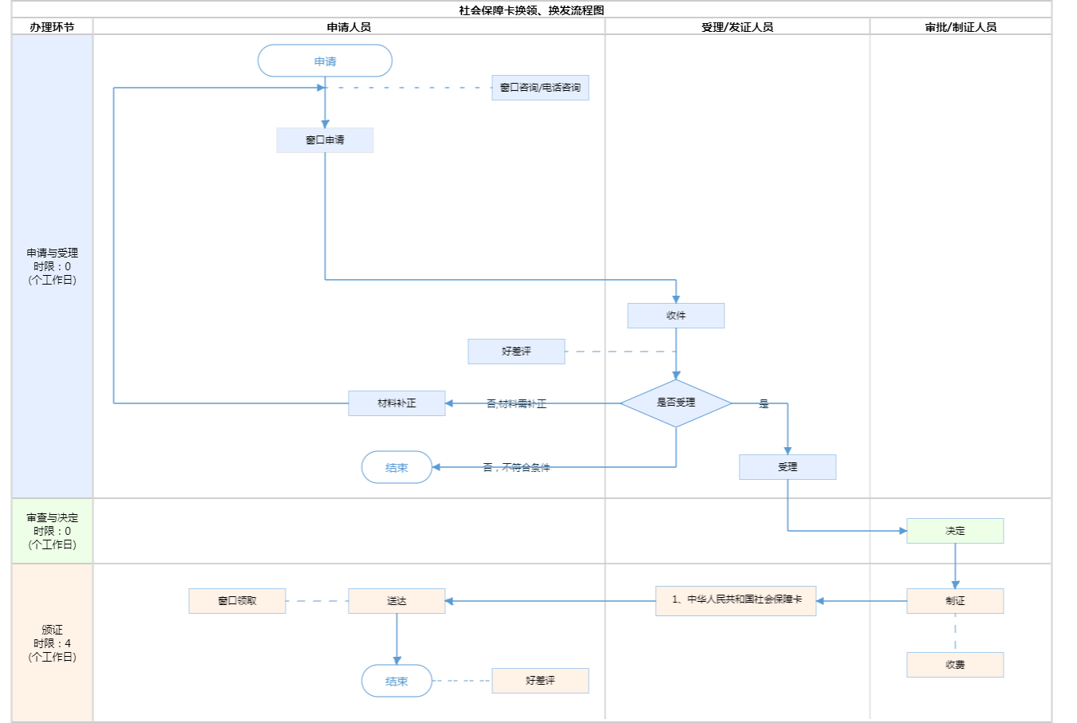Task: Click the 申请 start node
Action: (x=325, y=61)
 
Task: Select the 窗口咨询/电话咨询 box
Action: (x=540, y=88)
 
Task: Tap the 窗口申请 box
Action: (x=325, y=140)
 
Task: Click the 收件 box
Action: (x=676, y=316)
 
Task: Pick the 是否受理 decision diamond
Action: (x=676, y=403)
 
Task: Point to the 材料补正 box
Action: (x=396, y=403)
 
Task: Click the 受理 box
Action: (x=787, y=467)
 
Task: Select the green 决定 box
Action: (x=955, y=531)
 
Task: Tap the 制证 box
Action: (x=955, y=601)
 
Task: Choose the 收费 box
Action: (x=955, y=665)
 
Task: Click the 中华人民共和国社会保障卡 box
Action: (x=736, y=600)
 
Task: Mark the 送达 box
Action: (x=396, y=601)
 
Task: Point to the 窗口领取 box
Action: (x=237, y=601)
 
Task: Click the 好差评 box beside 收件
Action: (x=516, y=352)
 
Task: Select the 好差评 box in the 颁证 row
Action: (x=540, y=681)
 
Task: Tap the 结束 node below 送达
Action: (x=396, y=682)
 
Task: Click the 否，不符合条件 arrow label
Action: (x=516, y=468)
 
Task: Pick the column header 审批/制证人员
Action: (x=961, y=27)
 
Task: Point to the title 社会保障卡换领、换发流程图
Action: (x=531, y=10)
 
